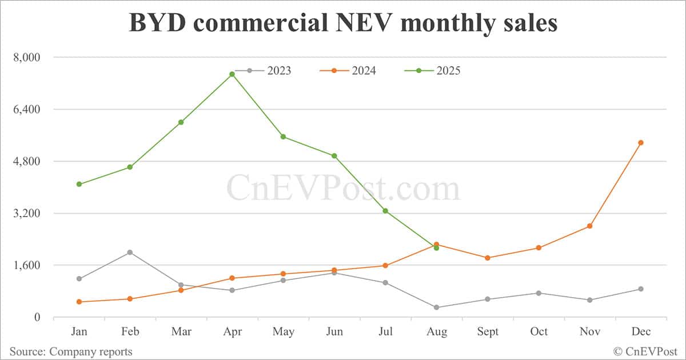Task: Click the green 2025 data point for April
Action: [x=232, y=74]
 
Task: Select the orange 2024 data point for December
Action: [x=641, y=143]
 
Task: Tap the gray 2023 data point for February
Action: [x=130, y=253]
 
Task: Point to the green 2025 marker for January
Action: [x=79, y=184]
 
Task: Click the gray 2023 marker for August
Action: [x=436, y=307]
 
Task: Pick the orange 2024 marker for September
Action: [x=488, y=258]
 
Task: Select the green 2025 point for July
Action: [x=385, y=211]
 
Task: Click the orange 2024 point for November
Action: [x=589, y=226]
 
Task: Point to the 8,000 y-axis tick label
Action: [x=26, y=57]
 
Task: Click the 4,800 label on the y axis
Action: [x=26, y=161]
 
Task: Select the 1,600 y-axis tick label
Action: [x=26, y=265]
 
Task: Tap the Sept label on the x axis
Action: [x=488, y=332]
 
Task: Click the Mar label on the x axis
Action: [x=181, y=332]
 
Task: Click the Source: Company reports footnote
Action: [x=70, y=351]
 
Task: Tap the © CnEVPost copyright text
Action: [x=645, y=351]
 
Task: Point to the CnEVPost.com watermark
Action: [x=343, y=188]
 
